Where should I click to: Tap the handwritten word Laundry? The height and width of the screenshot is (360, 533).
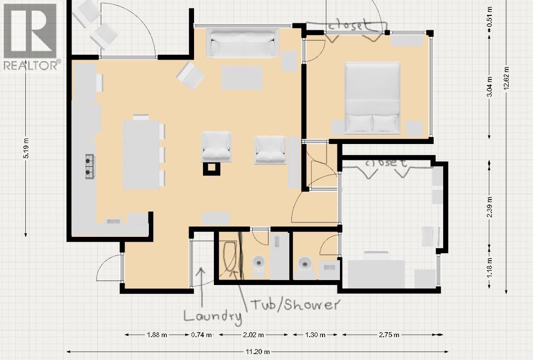(x=212, y=316)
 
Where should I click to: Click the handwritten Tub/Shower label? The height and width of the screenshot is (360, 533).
(x=295, y=304)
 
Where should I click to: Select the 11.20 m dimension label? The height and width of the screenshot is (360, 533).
(x=258, y=352)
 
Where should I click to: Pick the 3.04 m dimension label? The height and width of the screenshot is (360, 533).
(x=489, y=87)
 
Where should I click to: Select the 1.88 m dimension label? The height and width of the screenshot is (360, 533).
(x=157, y=335)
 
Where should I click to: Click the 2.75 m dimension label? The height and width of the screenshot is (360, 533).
(x=389, y=335)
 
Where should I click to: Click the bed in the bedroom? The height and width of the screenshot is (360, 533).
(x=372, y=97)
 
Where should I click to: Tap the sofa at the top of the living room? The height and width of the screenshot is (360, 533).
(x=243, y=44)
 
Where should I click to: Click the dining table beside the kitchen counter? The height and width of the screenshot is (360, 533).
(x=141, y=154)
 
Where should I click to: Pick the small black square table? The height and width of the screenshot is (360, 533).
(x=211, y=168)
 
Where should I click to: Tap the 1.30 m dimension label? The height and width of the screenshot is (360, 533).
(x=316, y=335)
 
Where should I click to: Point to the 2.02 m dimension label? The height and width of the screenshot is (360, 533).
(x=254, y=335)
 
